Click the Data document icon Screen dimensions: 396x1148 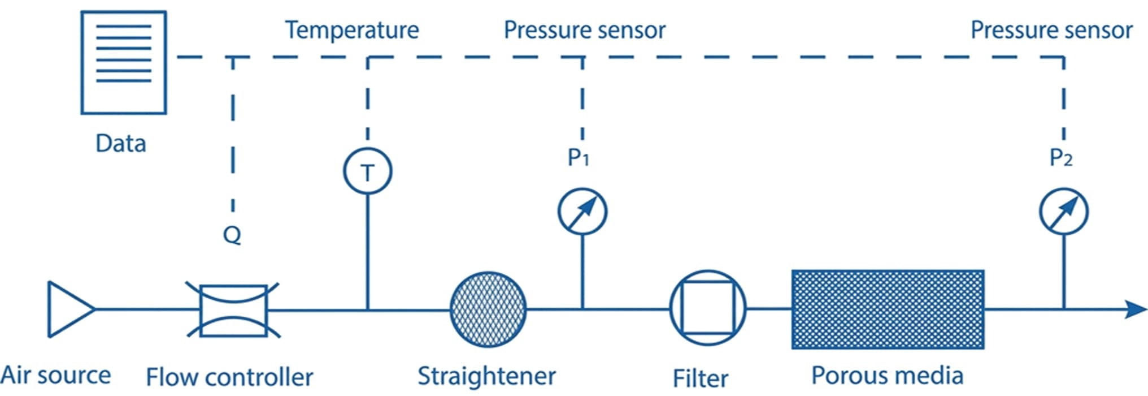click(123, 62)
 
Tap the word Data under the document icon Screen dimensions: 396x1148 click(120, 144)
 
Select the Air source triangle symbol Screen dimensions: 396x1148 click(69, 309)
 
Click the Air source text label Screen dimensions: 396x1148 click(55, 375)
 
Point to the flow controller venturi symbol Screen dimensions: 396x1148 click(233, 310)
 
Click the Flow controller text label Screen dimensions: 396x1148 click(229, 377)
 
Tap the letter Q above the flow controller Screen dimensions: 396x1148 click(232, 234)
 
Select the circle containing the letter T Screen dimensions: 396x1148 click(367, 171)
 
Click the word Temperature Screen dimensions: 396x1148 click(351, 30)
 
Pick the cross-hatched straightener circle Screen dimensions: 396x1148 click(488, 309)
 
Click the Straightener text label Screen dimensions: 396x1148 click(486, 376)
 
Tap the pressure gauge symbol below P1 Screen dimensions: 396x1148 click(582, 212)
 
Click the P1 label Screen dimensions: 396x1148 click(578, 158)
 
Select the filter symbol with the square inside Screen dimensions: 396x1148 click(707, 308)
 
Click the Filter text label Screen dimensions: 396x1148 click(700, 378)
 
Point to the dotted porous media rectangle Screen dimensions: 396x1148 click(888, 309)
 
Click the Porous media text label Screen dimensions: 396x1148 click(887, 376)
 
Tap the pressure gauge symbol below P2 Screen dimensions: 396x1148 click(1063, 212)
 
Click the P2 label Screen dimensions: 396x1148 click(1060, 158)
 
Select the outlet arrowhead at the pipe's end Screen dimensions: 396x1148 click(1135, 309)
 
